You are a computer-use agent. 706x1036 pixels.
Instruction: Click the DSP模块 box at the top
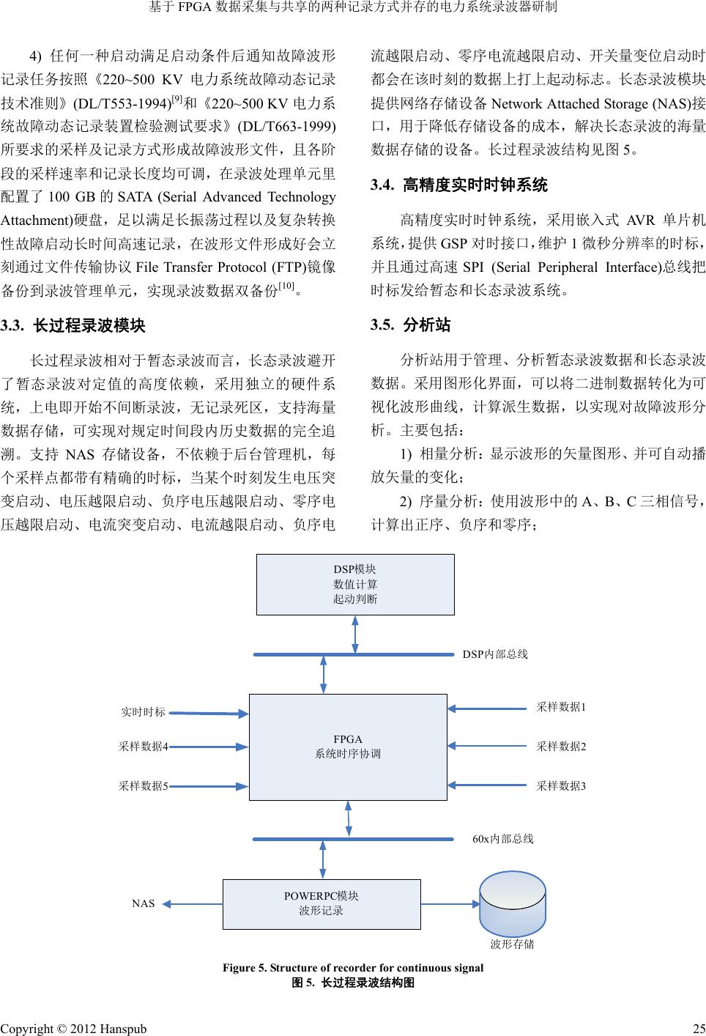click(355, 584)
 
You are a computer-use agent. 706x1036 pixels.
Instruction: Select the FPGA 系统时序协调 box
click(348, 747)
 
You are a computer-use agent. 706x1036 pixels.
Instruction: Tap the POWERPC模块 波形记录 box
click(322, 903)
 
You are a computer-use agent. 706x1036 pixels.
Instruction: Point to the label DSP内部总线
click(495, 654)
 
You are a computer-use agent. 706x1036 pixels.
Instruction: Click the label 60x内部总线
click(502, 839)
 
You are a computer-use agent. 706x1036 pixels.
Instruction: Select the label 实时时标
click(143, 712)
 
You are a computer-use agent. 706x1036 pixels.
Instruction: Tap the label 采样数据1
click(561, 708)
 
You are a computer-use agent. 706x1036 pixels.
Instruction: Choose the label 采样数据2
click(561, 747)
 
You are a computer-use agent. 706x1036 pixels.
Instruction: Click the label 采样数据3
click(561, 786)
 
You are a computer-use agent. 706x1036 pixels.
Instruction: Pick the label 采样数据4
click(144, 747)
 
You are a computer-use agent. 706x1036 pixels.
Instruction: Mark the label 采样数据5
click(144, 786)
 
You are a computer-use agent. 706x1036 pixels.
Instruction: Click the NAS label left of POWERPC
click(144, 904)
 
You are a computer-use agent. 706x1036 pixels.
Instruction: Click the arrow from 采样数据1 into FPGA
click(488, 708)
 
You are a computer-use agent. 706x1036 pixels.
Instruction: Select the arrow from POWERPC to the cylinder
click(450, 903)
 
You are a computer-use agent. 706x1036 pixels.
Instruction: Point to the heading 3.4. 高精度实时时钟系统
click(459, 185)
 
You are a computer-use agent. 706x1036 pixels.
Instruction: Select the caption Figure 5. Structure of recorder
click(353, 968)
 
